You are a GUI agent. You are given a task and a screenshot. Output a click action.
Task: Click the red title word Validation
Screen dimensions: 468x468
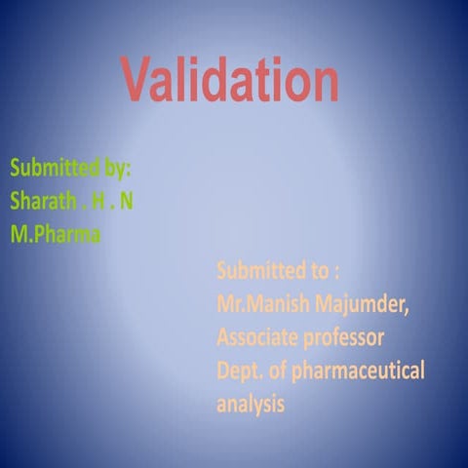(230, 79)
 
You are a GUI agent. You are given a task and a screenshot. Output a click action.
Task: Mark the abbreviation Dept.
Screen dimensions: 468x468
(240, 371)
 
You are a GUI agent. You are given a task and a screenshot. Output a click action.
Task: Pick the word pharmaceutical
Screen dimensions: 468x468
(362, 371)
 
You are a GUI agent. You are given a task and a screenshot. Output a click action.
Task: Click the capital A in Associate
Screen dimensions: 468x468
(223, 337)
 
